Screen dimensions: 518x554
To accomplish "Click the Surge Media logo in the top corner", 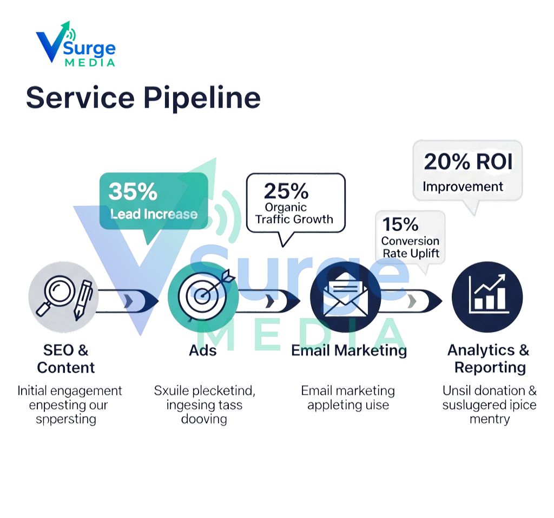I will click(x=75, y=47).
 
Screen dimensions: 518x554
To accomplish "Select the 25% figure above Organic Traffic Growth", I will click(x=286, y=191).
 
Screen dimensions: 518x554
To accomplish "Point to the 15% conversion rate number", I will click(x=400, y=224).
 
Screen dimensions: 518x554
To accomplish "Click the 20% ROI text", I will click(x=467, y=161).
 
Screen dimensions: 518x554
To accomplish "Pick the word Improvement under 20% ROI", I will click(x=463, y=187).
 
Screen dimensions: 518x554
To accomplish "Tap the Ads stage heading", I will click(x=203, y=350).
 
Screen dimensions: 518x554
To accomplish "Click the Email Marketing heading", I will click(x=349, y=350).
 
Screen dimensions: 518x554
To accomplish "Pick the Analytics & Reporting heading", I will click(x=488, y=359).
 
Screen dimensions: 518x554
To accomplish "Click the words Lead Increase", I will click(x=154, y=214).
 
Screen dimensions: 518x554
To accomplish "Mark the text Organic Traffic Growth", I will click(x=294, y=213).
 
